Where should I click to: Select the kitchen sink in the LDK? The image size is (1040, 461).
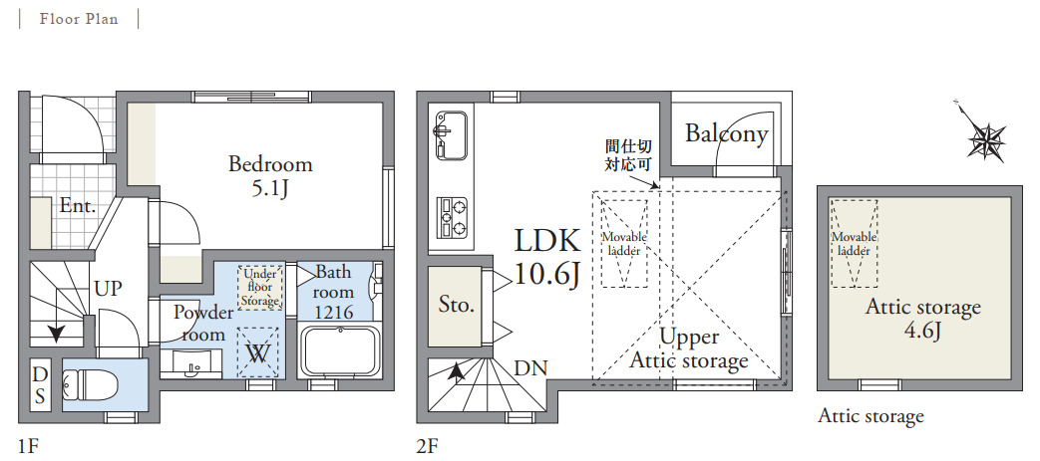click(x=451, y=134)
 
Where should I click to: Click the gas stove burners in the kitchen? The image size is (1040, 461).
click(x=452, y=218)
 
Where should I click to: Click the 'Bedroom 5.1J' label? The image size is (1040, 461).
click(x=270, y=175)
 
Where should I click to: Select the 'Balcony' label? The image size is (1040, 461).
click(x=727, y=133)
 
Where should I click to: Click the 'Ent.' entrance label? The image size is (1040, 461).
click(x=78, y=205)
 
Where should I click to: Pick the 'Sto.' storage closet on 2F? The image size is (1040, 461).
click(x=458, y=306)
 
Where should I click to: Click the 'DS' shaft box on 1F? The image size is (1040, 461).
click(x=40, y=385)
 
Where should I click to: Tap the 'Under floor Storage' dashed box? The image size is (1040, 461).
click(x=260, y=287)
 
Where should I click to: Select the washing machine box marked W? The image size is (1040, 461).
click(x=258, y=353)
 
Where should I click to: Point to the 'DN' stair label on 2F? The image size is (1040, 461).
click(x=529, y=368)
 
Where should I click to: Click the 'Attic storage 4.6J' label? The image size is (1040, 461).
click(x=922, y=319)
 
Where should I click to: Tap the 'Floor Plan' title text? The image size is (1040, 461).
click(x=78, y=19)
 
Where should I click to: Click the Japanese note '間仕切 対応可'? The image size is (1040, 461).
click(x=627, y=154)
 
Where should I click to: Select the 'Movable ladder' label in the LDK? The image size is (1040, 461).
click(x=624, y=244)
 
